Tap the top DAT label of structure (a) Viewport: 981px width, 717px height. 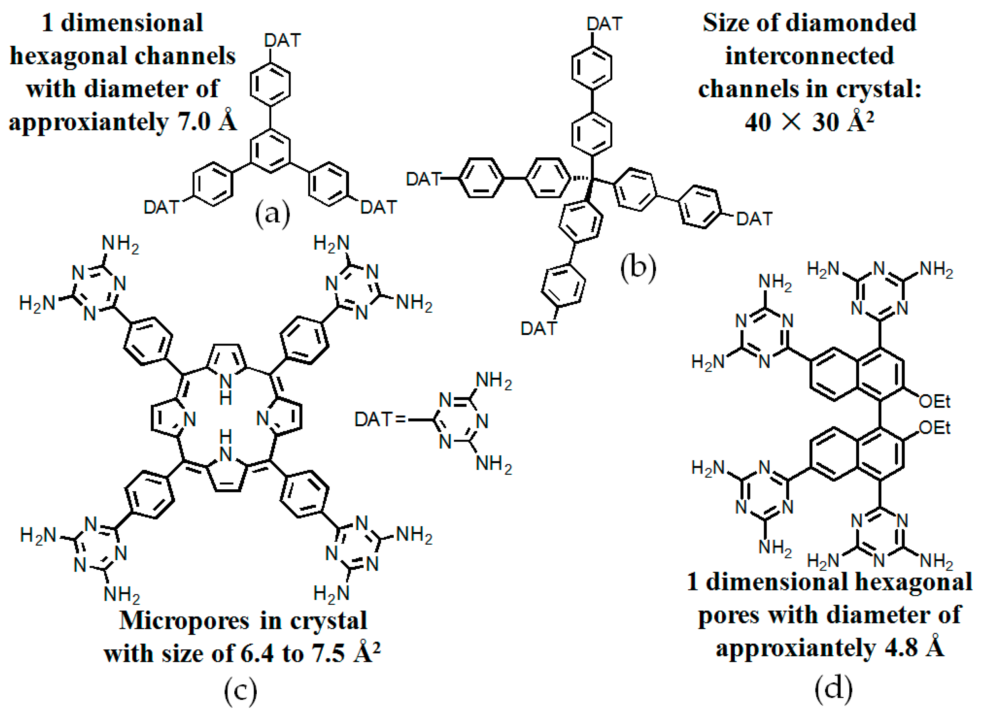coord(282,41)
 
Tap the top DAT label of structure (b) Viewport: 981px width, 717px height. coord(604,24)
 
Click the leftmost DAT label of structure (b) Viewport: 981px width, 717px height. coord(423,179)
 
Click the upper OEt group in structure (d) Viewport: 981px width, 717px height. coord(934,402)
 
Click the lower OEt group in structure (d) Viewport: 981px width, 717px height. coord(934,428)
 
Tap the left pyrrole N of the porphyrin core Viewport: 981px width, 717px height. coord(190,419)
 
